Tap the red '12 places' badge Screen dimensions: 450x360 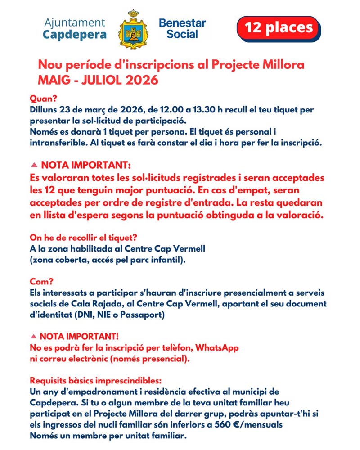[278, 28]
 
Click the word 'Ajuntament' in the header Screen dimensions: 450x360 [75, 22]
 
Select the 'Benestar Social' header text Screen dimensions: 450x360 [182, 28]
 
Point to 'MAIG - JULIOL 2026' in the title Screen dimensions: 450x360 [98, 80]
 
